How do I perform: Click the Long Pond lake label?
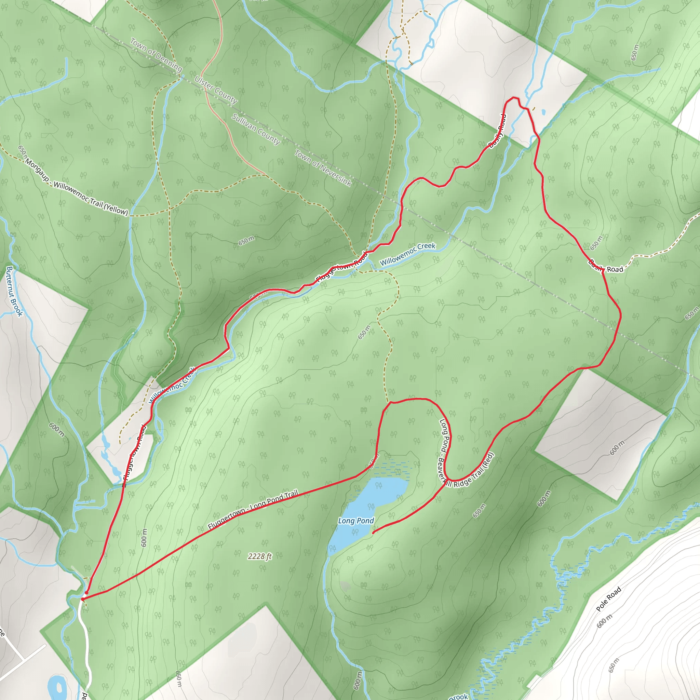[356, 521]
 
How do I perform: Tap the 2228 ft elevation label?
[260, 556]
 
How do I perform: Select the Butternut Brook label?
[14, 291]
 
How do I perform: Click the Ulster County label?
[216, 90]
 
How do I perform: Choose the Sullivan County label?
[256, 129]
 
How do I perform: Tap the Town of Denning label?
[156, 55]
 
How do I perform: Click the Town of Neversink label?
[322, 168]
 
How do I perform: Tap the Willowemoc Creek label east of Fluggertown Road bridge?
[408, 254]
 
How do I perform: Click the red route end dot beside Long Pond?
[373, 533]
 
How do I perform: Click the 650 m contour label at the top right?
[634, 53]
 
